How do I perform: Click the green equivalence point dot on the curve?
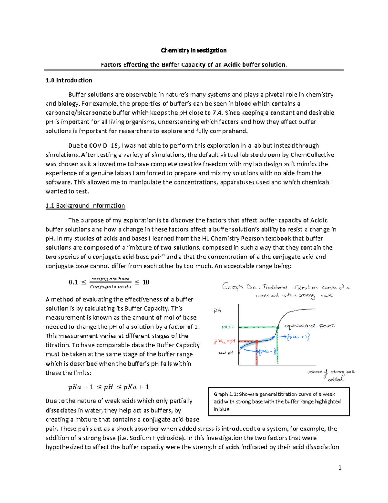[x=278, y=328]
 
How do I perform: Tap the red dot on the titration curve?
[x=257, y=341]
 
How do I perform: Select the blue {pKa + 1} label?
[x=298, y=337]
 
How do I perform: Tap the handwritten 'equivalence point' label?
[x=309, y=326]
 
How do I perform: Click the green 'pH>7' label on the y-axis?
[x=228, y=327]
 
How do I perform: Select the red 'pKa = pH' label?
[x=225, y=341]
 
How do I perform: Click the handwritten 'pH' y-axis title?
[x=217, y=310]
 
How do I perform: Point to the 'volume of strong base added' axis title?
[x=331, y=375]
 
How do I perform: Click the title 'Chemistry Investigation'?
[x=194, y=51]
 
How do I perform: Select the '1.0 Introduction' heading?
[x=69, y=80]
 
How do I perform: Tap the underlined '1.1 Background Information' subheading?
[x=85, y=206]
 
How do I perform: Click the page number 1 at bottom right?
[x=340, y=467]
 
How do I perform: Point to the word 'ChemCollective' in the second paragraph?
[x=312, y=155]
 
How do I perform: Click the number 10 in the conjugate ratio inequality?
[x=146, y=282]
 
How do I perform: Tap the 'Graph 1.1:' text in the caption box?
[x=226, y=394]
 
